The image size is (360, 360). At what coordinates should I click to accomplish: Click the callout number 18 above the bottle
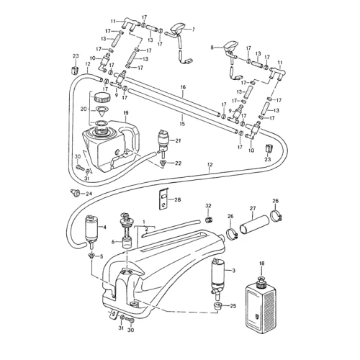261,264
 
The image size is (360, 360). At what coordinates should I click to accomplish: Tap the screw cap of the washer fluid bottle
261,282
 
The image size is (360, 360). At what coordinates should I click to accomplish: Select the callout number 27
253,208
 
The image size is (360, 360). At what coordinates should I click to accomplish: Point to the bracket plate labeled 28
164,199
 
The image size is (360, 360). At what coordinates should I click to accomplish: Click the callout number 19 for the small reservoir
126,112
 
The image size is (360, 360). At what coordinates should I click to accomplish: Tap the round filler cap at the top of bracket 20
102,97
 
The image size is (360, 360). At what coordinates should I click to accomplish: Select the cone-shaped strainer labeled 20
102,111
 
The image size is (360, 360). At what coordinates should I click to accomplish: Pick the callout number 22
178,163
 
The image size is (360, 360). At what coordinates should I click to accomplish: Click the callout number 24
89,194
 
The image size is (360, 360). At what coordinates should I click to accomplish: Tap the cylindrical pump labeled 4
91,230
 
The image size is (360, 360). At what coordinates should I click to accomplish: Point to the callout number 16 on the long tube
183,87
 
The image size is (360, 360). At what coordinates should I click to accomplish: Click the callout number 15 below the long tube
182,124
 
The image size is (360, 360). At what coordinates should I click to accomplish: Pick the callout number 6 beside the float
113,242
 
